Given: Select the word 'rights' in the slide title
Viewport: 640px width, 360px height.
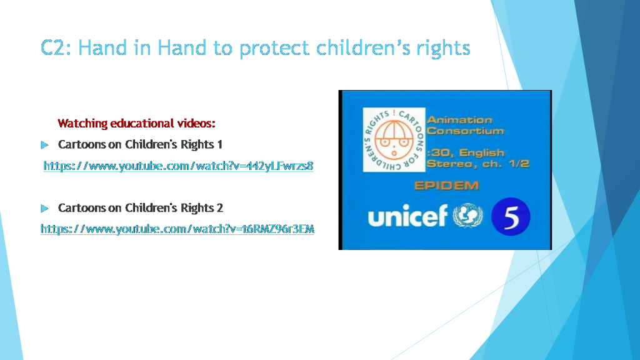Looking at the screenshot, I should coord(444,48).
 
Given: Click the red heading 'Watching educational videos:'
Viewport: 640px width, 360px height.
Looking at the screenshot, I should coord(137,123).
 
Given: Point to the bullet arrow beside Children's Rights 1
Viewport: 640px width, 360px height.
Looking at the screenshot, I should coord(44,145).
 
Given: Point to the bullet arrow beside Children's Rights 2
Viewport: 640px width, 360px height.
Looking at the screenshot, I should coord(44,207).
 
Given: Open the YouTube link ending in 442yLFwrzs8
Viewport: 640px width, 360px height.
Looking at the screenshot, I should coord(178,166).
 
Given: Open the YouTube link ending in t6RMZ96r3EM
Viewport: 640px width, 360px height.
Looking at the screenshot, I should coord(177,229).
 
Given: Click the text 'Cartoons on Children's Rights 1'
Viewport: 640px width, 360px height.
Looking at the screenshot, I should coord(140,144).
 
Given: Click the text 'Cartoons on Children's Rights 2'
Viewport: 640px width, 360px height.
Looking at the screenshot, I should coord(140,207).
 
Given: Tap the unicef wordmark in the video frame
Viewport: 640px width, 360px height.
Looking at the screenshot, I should coord(408,216).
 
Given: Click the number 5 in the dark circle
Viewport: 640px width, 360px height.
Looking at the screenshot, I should coord(511,217).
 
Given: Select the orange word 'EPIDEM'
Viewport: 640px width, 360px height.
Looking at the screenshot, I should coord(446,186).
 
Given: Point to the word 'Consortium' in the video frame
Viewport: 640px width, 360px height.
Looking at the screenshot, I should coord(465,131).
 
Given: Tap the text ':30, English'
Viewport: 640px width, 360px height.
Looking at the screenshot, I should coord(465,152).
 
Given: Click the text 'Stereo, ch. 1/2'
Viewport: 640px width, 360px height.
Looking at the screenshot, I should coord(477,164).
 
